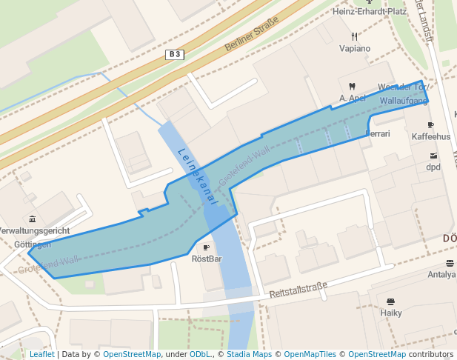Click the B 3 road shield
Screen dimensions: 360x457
(174, 54)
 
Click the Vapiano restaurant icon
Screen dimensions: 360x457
(354, 36)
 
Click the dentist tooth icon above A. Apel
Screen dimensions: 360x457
(352, 87)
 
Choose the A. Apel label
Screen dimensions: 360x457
(353, 98)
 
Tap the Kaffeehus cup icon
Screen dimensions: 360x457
(431, 125)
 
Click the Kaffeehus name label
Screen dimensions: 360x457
(431, 137)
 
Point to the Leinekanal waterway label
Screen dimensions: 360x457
(196, 176)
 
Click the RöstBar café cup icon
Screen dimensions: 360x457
(207, 247)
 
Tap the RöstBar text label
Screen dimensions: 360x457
(207, 259)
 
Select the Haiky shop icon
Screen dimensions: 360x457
(390, 301)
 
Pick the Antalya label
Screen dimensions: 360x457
(442, 275)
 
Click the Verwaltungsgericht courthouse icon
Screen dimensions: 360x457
(32, 219)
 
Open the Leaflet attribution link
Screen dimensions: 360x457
(41, 355)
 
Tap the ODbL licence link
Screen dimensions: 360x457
(200, 355)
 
